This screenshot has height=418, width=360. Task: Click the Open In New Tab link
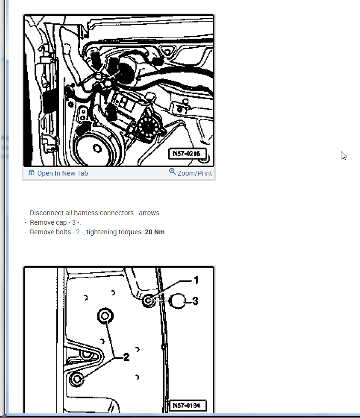click(x=63, y=173)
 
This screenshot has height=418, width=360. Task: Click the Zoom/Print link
click(x=195, y=173)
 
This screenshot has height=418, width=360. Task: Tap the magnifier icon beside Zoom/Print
click(x=172, y=172)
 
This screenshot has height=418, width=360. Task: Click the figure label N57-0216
click(x=187, y=154)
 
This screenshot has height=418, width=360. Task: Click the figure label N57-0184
click(x=187, y=406)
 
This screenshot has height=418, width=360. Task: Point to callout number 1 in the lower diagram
click(x=196, y=280)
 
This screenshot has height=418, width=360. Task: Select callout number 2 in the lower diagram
click(x=127, y=357)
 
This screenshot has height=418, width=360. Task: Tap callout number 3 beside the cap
click(x=195, y=301)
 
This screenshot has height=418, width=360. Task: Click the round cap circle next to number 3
click(x=177, y=301)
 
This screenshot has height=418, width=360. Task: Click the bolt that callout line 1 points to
click(x=148, y=301)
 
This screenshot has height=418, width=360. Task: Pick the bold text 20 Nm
click(x=155, y=232)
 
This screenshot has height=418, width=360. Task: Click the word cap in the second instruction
click(x=61, y=222)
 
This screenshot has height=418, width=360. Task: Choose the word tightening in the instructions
click(x=101, y=232)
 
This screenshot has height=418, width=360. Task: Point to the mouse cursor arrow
click(x=343, y=156)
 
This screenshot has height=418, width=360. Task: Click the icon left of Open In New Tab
click(x=32, y=173)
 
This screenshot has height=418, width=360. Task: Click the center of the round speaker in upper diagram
click(x=97, y=148)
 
